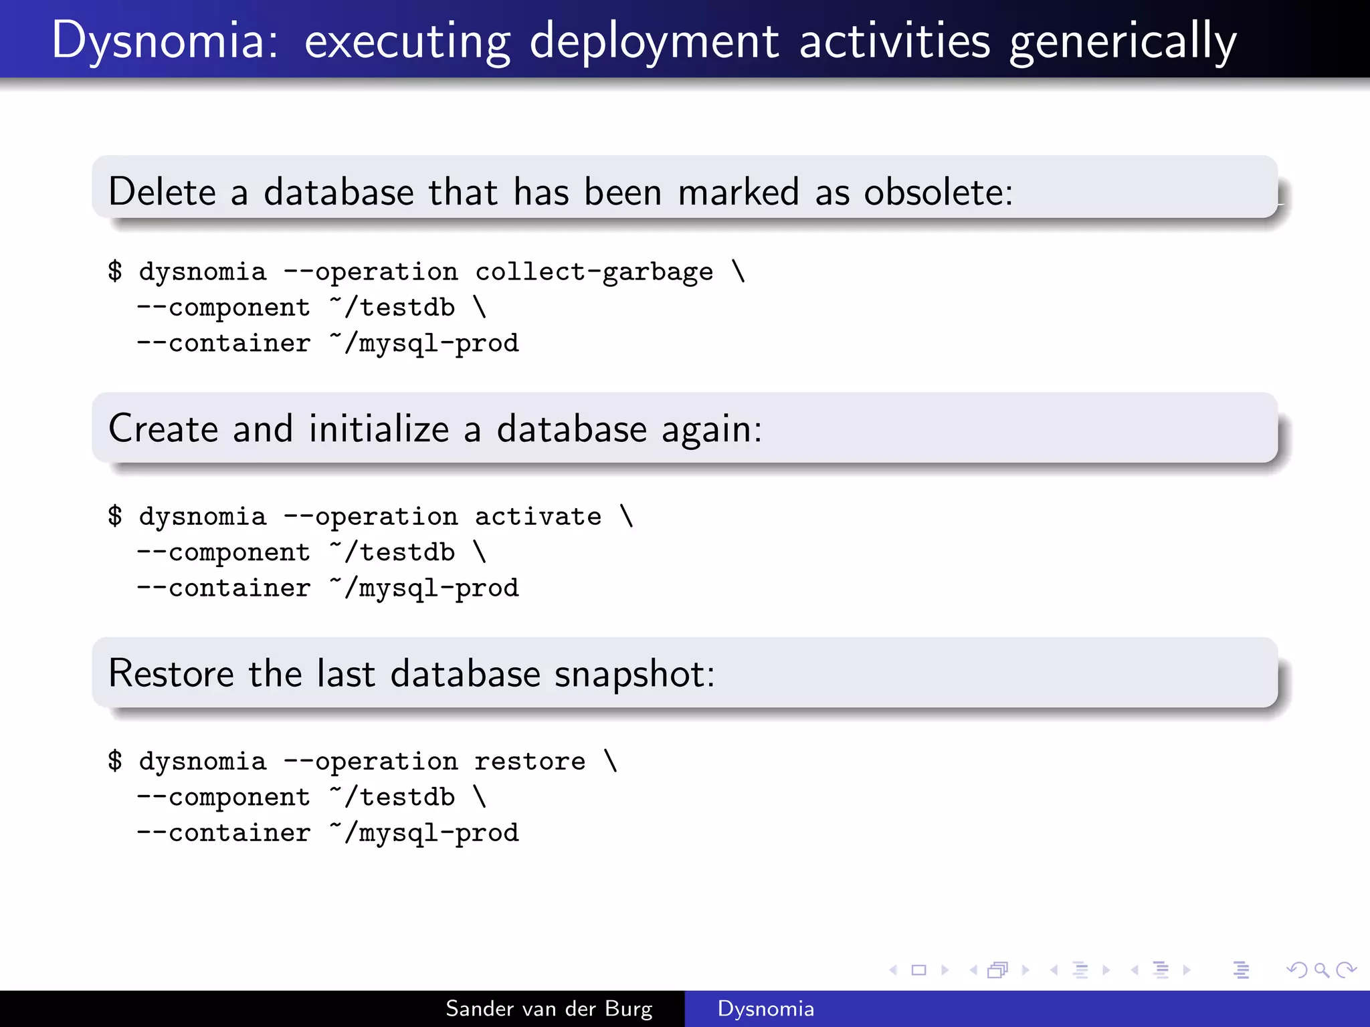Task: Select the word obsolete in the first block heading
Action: pos(938,193)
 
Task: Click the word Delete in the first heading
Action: pos(162,193)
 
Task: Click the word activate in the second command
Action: pos(538,517)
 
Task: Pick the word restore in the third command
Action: pos(530,762)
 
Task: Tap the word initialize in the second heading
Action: pos(379,429)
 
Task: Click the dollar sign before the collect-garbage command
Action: pos(115,271)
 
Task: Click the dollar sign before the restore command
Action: pos(115,761)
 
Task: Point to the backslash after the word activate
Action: pos(627,516)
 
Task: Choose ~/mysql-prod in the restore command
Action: pos(425,833)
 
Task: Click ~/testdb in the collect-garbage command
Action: pos(393,308)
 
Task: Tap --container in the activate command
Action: pos(223,588)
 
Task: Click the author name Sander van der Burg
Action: pos(549,1009)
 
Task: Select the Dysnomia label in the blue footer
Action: pos(765,1009)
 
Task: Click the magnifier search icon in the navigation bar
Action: pos(1321,970)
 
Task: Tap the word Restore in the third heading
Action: pos(171,674)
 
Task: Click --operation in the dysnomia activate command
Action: pos(371,517)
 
